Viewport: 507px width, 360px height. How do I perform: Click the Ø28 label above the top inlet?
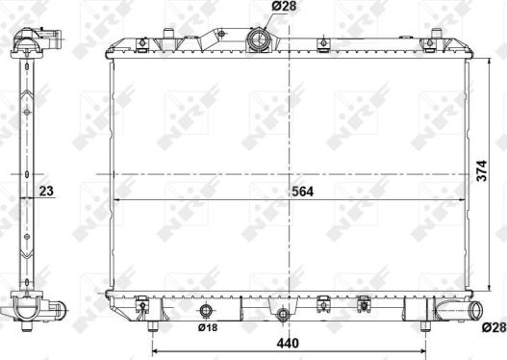(257, 9)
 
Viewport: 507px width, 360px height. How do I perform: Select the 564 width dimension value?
(302, 191)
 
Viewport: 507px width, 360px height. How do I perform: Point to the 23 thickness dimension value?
(46, 191)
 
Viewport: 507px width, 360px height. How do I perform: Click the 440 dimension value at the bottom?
(289, 344)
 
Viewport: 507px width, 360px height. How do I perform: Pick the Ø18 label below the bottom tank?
(208, 328)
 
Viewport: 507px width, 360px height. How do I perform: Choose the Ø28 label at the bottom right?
(493, 328)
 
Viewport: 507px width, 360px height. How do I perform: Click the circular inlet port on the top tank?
(258, 39)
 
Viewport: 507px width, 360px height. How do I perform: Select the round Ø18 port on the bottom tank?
(206, 311)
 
